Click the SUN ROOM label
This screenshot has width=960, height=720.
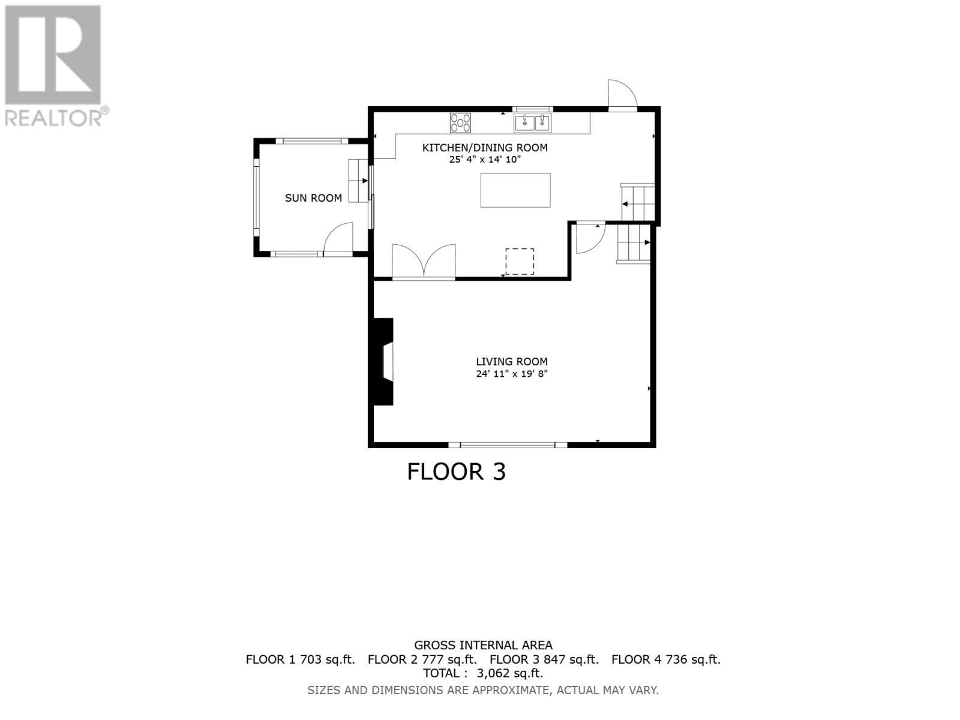click(313, 198)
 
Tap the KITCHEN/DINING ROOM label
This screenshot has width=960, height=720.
click(485, 148)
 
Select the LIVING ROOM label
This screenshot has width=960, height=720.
click(512, 362)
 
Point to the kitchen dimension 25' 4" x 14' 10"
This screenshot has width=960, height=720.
click(485, 160)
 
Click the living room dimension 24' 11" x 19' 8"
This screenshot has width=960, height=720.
click(512, 374)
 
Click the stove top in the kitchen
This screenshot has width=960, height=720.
click(460, 123)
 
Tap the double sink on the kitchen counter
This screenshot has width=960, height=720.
click(532, 123)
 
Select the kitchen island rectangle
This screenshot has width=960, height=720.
click(515, 190)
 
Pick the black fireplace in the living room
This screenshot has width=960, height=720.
click(382, 362)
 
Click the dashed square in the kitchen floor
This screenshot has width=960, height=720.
click(520, 262)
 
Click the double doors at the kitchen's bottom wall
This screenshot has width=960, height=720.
click(424, 262)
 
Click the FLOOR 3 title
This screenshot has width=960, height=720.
click(457, 472)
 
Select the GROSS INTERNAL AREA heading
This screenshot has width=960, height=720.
click(483, 646)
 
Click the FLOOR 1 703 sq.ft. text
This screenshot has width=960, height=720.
click(300, 659)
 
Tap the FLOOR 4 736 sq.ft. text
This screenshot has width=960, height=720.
click(666, 659)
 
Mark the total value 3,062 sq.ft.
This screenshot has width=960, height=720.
click(509, 673)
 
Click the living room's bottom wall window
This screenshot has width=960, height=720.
click(508, 445)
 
